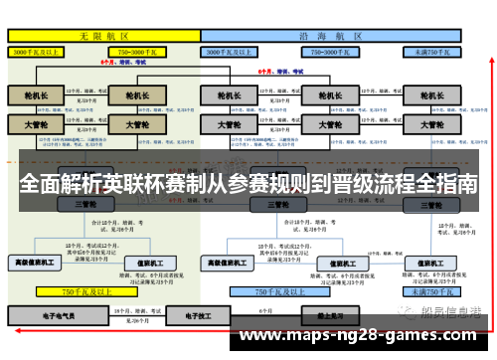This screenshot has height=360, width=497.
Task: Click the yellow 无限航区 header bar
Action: coord(103,34)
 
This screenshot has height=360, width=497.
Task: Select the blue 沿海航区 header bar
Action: coord(332,34)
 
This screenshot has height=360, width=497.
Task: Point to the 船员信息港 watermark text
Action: coord(452,311)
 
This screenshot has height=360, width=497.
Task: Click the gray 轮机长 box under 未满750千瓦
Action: coord(431,95)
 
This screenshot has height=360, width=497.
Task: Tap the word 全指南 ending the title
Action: coord(443,186)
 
